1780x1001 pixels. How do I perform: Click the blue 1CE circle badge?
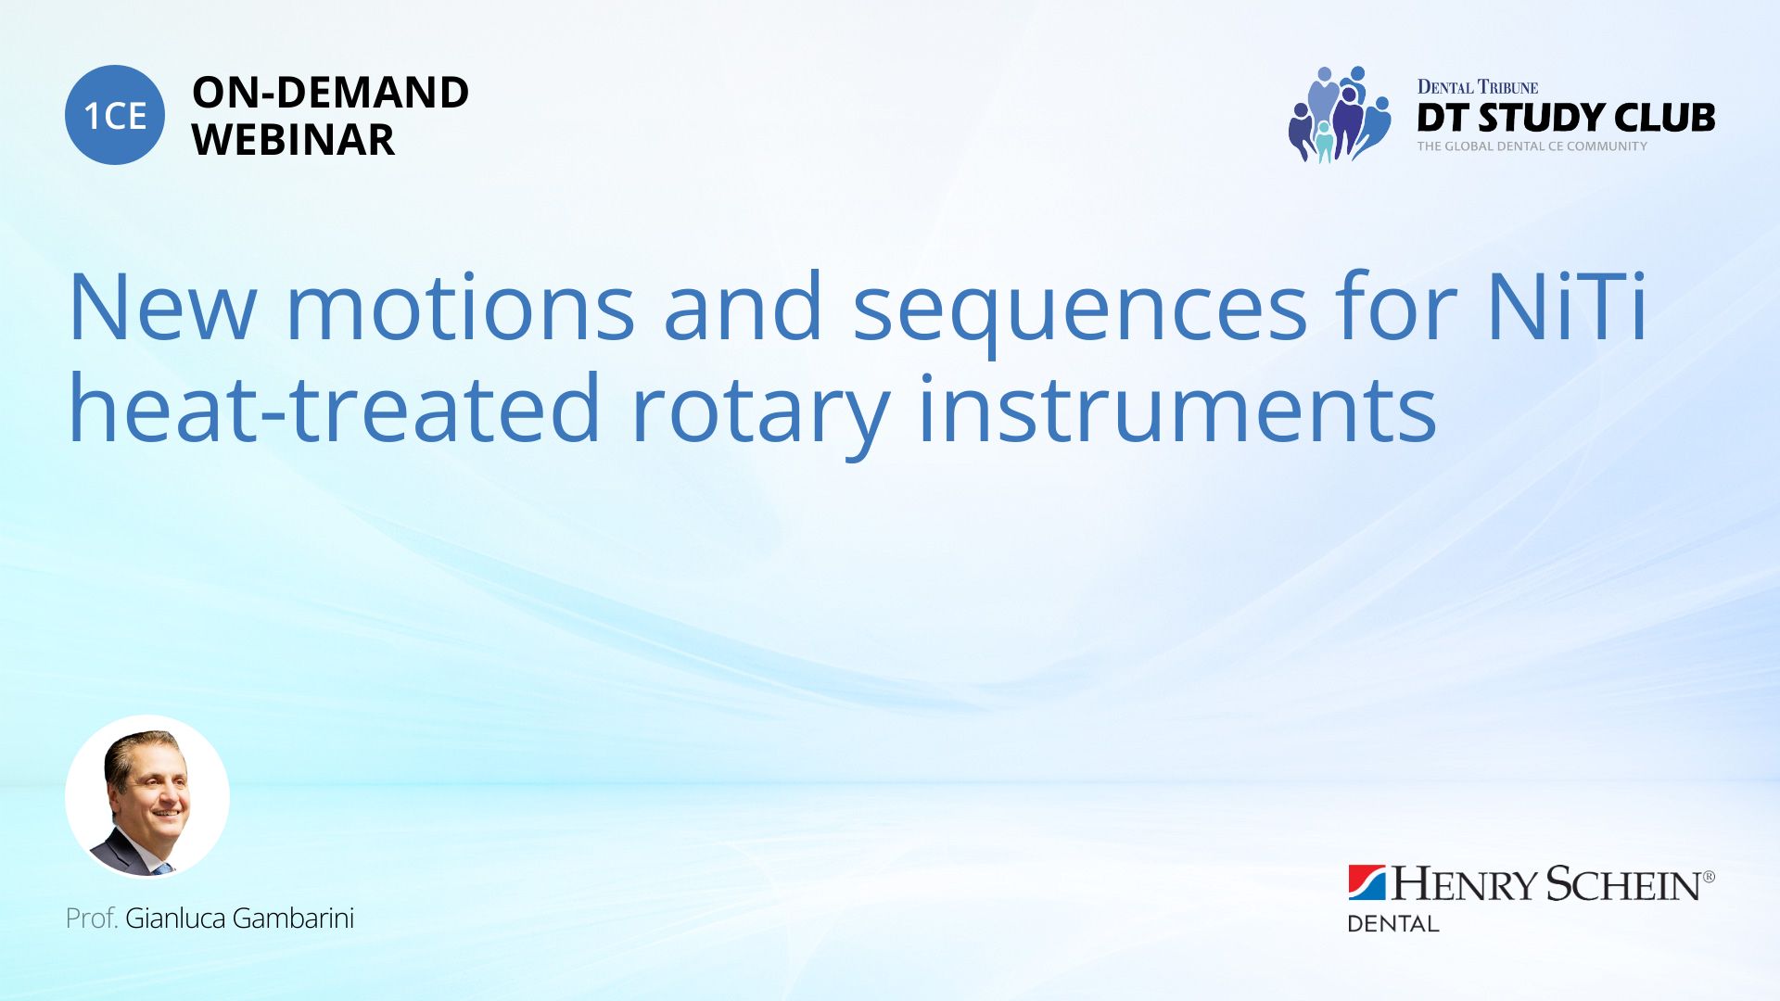(115, 115)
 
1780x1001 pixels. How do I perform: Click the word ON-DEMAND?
(330, 93)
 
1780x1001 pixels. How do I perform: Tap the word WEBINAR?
(293, 140)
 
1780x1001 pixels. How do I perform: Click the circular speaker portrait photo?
(147, 797)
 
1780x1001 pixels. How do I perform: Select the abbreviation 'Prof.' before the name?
(92, 918)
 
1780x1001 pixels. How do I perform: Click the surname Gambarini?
(293, 918)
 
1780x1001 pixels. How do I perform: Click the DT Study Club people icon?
(1340, 115)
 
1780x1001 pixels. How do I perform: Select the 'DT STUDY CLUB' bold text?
(1566, 118)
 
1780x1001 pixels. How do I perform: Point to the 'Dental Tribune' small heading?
(1478, 87)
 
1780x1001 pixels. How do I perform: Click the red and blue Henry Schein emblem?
(1367, 883)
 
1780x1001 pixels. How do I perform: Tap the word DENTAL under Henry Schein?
(1392, 923)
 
